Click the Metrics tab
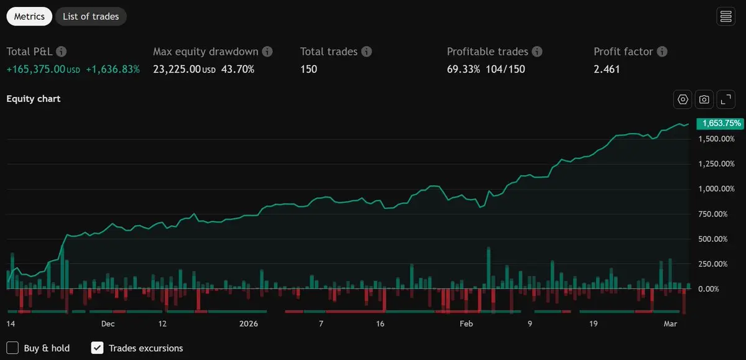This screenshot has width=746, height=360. (29, 17)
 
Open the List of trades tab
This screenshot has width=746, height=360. (91, 17)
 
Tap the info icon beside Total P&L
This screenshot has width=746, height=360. (62, 52)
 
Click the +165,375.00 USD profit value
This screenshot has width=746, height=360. (43, 69)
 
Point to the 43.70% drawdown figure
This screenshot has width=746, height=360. (237, 69)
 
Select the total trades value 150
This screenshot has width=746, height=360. (308, 69)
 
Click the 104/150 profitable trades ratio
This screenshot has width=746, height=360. (505, 69)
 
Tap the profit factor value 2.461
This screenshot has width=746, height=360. (607, 69)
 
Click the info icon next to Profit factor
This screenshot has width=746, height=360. (662, 52)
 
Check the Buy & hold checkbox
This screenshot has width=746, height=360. (12, 348)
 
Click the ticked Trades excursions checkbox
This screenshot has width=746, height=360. (97, 348)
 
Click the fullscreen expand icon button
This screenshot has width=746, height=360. (725, 99)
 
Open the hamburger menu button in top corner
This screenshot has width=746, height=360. (725, 17)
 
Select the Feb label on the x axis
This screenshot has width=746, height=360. (466, 324)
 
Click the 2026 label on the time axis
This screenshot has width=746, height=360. (249, 324)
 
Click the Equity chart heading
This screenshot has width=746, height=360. (34, 99)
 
